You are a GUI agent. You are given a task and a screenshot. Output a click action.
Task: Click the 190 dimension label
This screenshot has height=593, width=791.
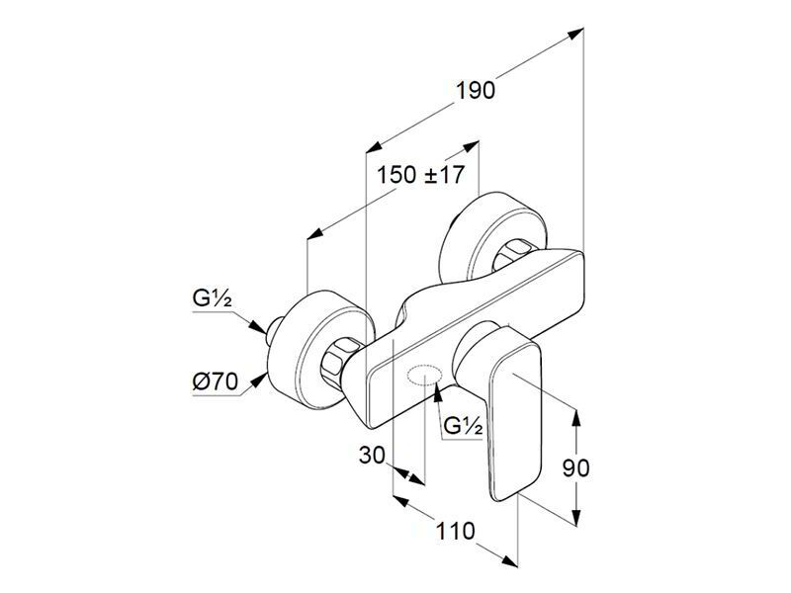coord(476,91)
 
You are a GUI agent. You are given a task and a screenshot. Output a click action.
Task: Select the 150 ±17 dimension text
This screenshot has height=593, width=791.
coord(420,175)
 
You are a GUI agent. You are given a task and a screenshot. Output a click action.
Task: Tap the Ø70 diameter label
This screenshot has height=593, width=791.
coord(215,382)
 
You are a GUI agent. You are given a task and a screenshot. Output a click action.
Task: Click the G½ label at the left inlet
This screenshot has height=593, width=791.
coord(212,298)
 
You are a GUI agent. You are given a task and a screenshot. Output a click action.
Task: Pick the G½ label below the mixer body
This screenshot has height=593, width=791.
coord(464,427)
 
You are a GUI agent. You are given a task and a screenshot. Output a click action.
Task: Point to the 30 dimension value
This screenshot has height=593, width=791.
coord(372,456)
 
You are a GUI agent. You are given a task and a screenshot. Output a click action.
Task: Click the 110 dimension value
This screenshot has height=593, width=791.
coord(455,531)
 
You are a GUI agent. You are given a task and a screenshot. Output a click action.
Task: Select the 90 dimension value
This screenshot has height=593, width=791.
coord(575,467)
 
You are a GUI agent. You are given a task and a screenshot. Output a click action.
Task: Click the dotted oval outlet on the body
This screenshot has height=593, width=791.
coord(425,376)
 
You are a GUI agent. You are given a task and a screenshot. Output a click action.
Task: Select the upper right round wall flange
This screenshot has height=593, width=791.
coord(492,237)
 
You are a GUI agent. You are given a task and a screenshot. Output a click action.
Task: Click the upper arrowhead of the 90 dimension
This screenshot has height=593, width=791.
coord(576,416)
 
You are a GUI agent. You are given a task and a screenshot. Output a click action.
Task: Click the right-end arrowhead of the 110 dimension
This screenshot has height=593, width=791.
coord(509,559)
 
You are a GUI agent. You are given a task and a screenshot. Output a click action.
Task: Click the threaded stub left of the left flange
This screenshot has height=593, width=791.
coord(273,330)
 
